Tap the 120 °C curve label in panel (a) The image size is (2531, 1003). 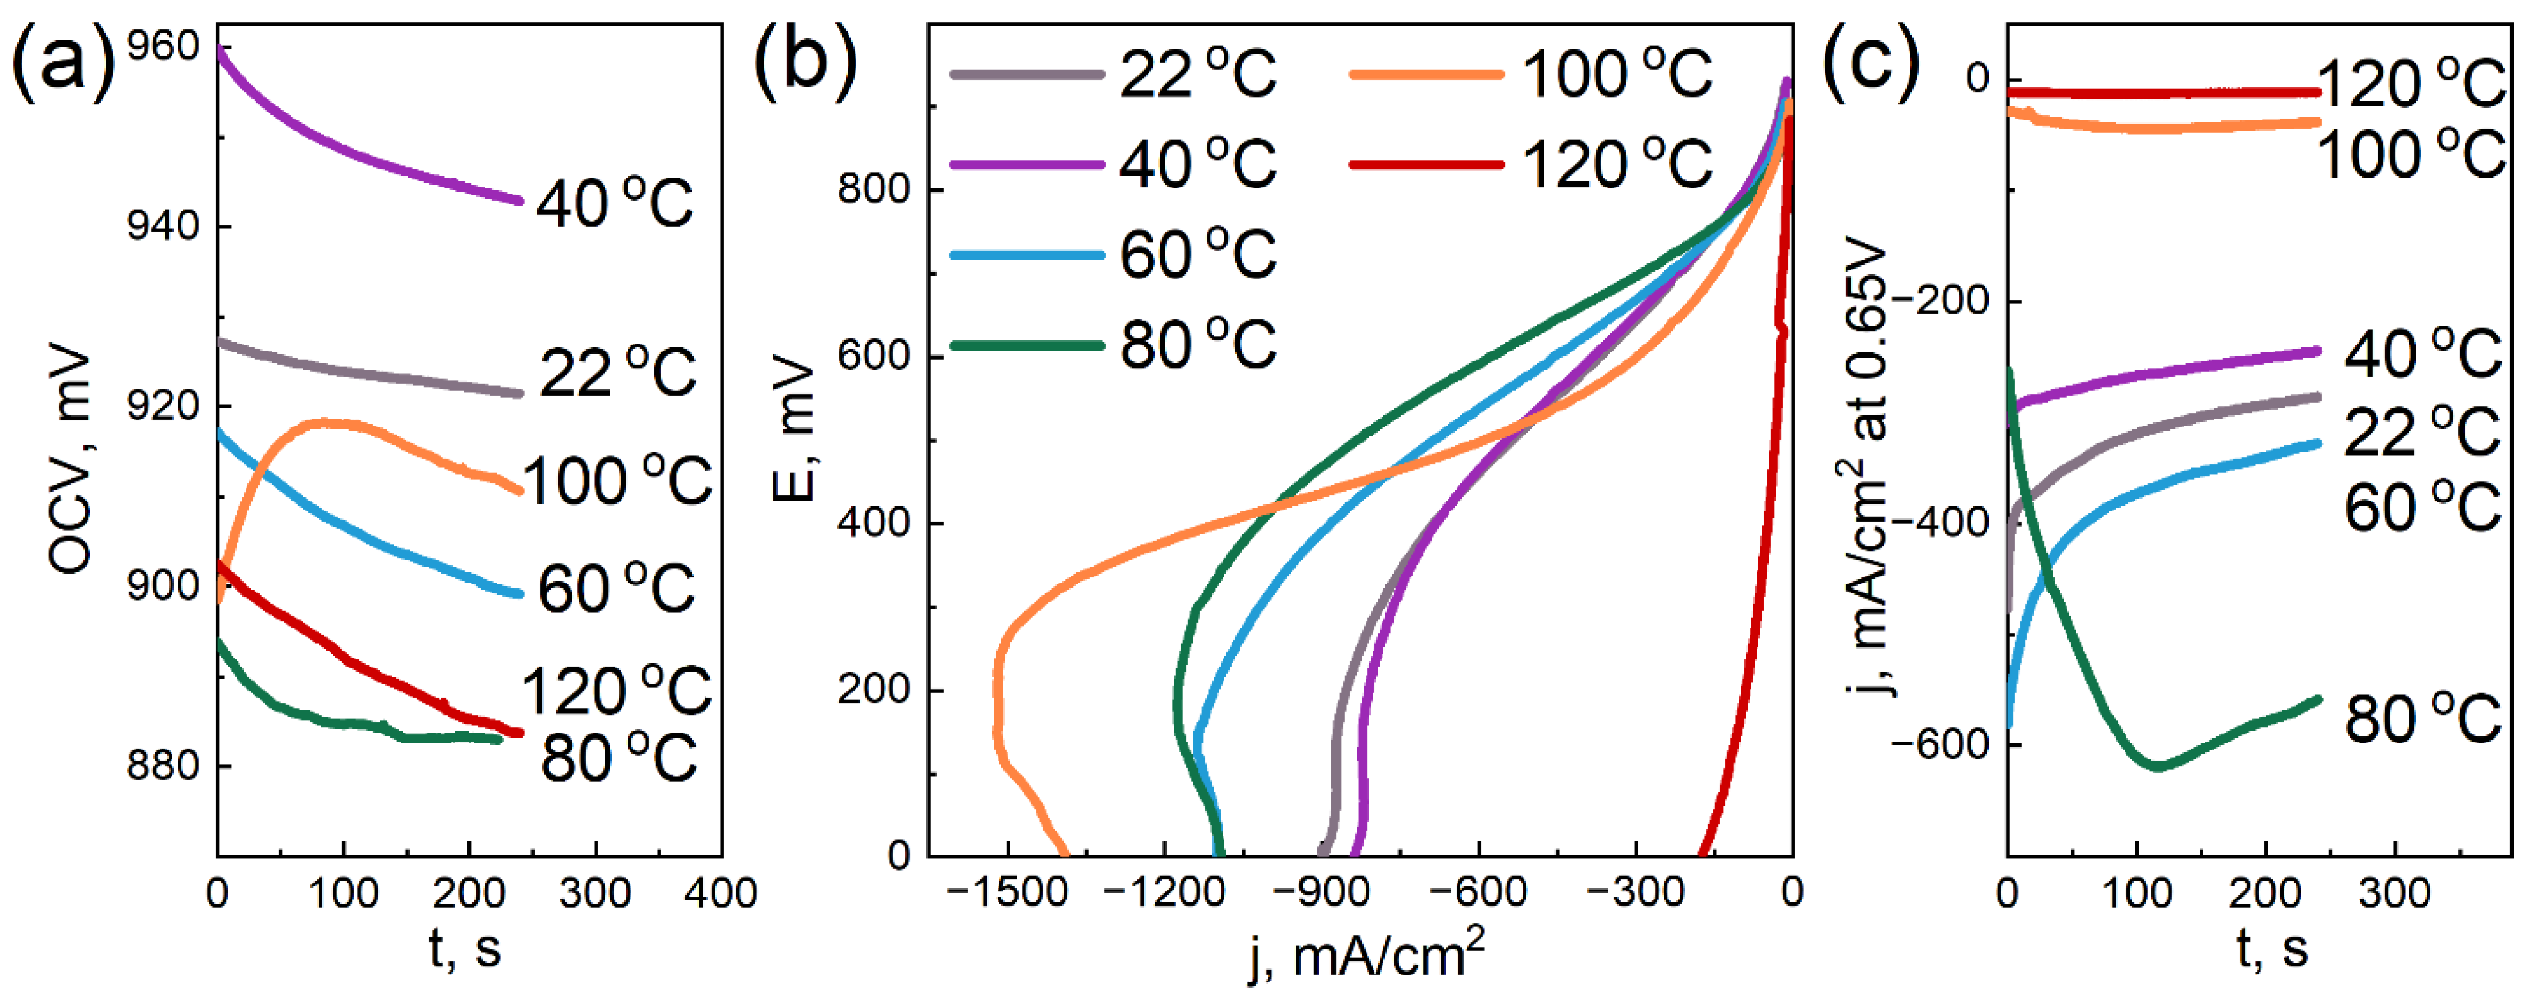[x=616, y=691]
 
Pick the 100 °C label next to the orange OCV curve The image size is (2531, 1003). [x=616, y=481]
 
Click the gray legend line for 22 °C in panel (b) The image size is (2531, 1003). [x=1027, y=74]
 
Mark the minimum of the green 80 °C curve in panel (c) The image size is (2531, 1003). [x=2159, y=767]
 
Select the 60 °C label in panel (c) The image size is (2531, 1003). [x=2423, y=507]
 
